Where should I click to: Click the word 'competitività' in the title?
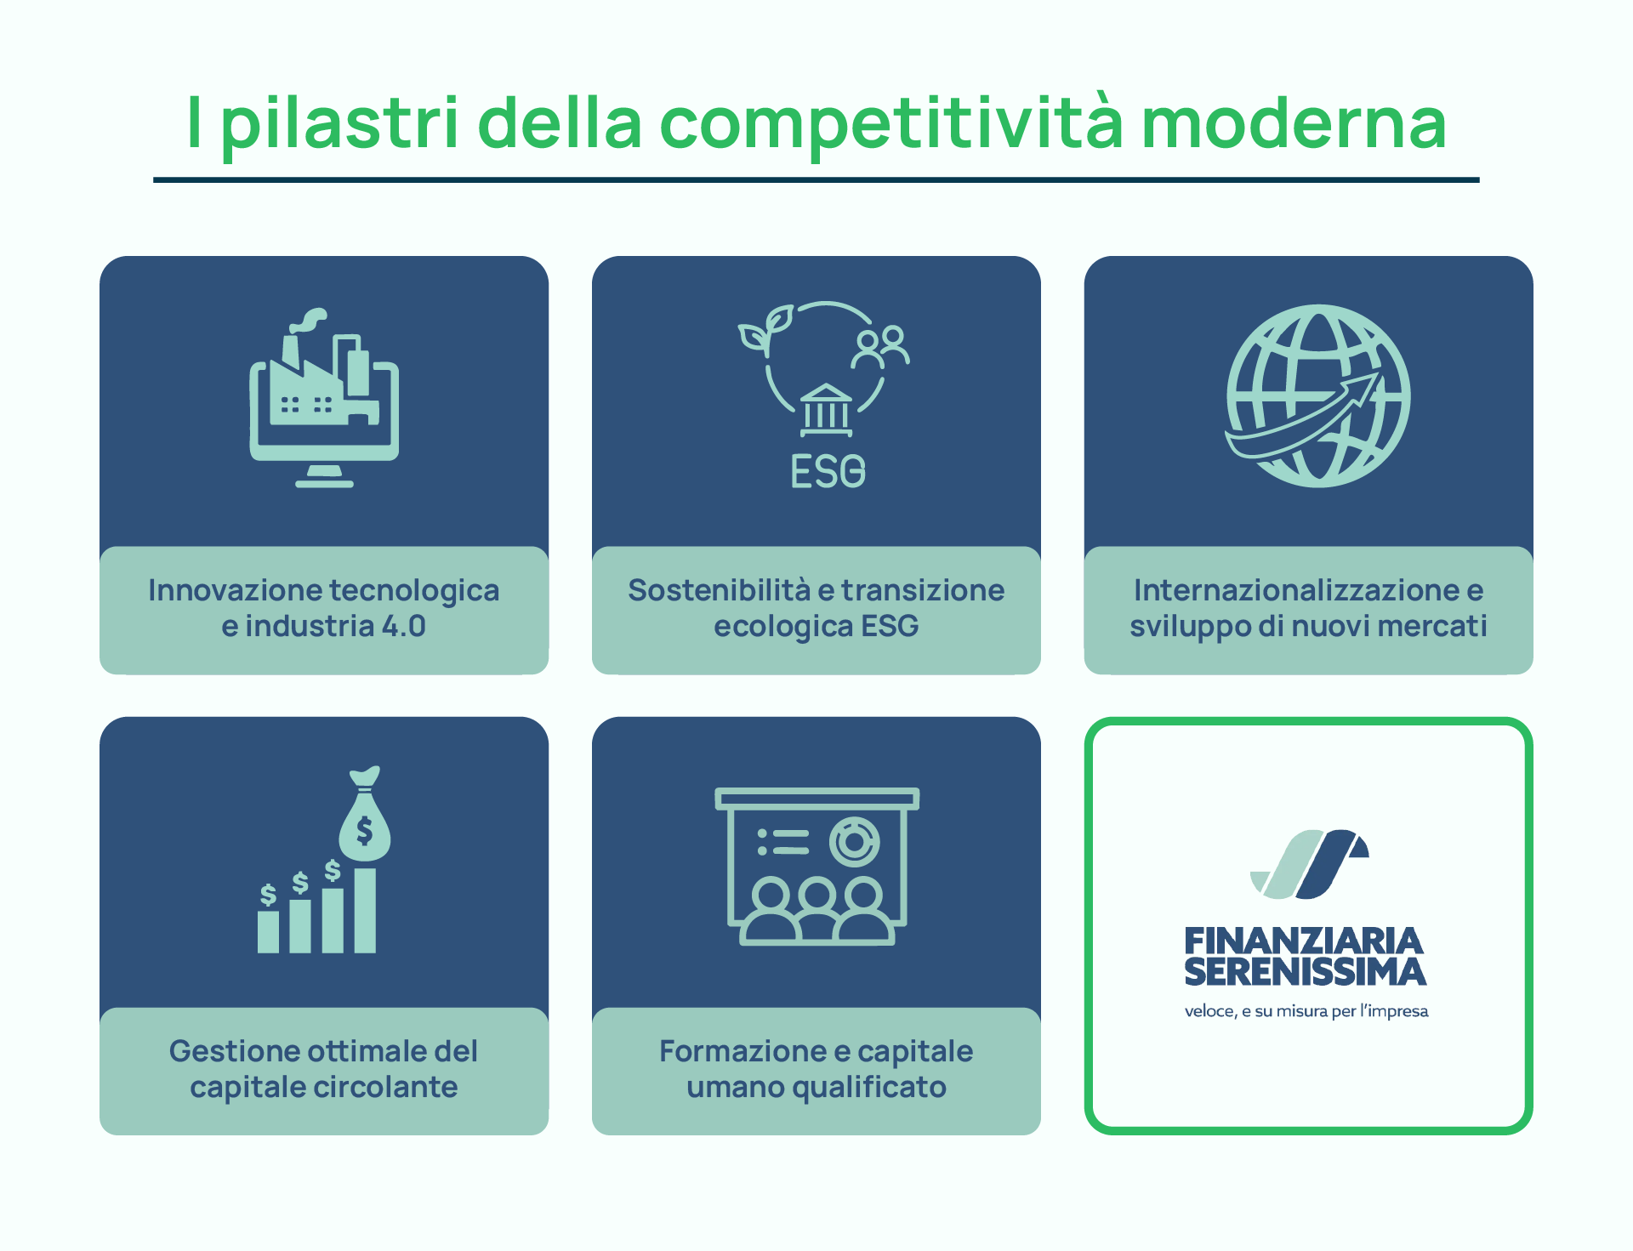(x=891, y=124)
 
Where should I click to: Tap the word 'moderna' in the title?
(x=1293, y=124)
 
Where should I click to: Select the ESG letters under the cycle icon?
(x=828, y=471)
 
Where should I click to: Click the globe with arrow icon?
(x=1317, y=396)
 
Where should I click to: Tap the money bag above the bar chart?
(x=365, y=818)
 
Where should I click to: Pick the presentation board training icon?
(x=816, y=866)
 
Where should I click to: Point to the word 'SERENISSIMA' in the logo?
(x=1305, y=972)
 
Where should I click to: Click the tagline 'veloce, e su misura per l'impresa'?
(x=1306, y=1011)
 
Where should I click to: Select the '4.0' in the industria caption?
(x=403, y=627)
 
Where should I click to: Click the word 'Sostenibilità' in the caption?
(x=719, y=590)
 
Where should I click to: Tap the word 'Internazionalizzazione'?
(x=1296, y=590)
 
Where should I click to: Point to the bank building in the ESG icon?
(x=826, y=410)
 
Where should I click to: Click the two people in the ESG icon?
(x=881, y=346)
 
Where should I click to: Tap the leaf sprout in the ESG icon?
(x=766, y=329)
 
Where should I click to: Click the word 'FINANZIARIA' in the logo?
(x=1304, y=942)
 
